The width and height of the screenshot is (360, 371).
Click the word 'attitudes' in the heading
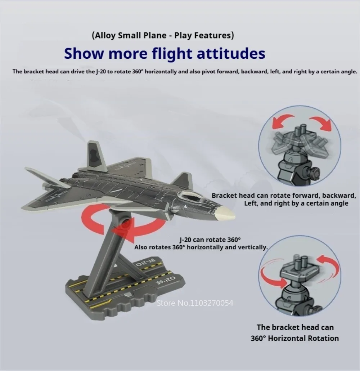[x=231, y=53]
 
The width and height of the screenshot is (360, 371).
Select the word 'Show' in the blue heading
[x=84, y=53]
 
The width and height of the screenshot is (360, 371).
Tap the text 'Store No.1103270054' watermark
[x=195, y=303]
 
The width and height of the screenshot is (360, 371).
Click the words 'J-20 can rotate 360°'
[x=210, y=240]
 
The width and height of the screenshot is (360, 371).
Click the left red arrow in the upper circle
[x=282, y=120]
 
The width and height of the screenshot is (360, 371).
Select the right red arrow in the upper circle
[x=322, y=122]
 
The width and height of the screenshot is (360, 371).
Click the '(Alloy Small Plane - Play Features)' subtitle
[x=163, y=35]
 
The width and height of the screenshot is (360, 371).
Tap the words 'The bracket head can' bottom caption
[x=295, y=327]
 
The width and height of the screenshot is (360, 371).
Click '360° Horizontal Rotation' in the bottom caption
[x=295, y=338]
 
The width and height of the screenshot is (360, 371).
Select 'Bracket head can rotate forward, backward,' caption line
[x=284, y=196]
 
